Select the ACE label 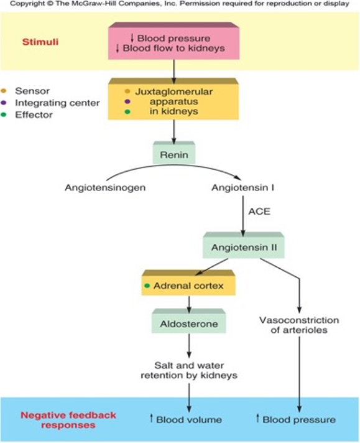[259, 212]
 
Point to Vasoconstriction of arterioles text [299, 325]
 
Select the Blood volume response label [186, 419]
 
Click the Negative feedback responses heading [60, 419]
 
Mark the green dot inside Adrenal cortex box [147, 286]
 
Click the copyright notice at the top [180, 4]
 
